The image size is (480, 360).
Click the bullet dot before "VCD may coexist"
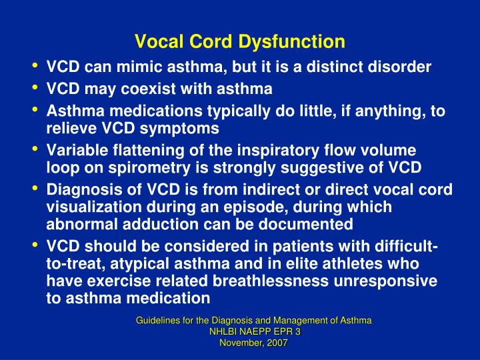(x=34, y=88)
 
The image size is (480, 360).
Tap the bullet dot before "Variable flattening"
(x=34, y=149)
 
